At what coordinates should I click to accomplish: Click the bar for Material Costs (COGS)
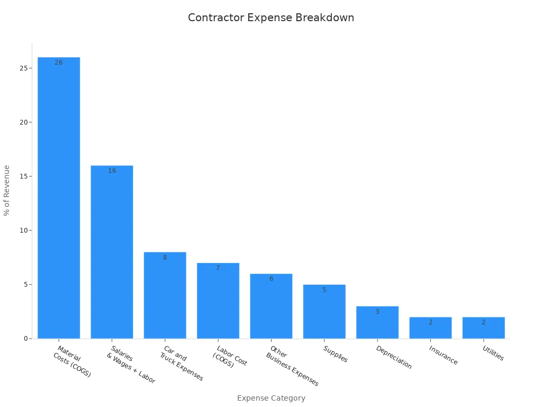click(59, 201)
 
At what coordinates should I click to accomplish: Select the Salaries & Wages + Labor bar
click(112, 254)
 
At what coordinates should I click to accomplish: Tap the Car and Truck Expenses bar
click(165, 297)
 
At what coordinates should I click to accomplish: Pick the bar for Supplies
click(324, 313)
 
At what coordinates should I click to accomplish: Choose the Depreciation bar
click(377, 323)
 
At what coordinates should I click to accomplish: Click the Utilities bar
click(483, 329)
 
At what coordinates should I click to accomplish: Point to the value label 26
click(59, 63)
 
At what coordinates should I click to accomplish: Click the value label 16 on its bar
click(112, 171)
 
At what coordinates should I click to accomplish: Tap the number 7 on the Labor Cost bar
click(218, 268)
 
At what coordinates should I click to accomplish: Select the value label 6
click(271, 279)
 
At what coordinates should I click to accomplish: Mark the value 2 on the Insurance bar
click(430, 322)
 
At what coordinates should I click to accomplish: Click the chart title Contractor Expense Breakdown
click(271, 17)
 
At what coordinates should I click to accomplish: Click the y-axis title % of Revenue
click(7, 190)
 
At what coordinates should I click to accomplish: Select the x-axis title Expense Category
click(271, 398)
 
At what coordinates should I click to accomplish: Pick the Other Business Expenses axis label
click(292, 366)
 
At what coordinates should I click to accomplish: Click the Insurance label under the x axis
click(443, 355)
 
